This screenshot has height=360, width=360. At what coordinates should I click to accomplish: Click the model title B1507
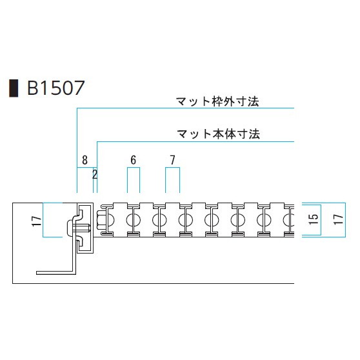(x=55, y=88)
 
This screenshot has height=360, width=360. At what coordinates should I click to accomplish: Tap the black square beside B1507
(x=14, y=88)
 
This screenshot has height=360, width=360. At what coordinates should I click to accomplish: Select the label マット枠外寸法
(x=217, y=101)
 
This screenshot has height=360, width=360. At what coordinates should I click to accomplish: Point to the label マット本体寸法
(x=218, y=134)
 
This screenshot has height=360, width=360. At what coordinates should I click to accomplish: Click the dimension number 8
(x=85, y=160)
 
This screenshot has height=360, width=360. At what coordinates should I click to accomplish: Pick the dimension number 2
(x=95, y=174)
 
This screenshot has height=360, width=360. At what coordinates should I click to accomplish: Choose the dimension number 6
(x=133, y=160)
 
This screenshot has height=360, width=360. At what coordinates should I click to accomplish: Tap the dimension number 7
(x=173, y=160)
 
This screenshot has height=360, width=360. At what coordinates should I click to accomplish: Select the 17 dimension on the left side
(x=37, y=221)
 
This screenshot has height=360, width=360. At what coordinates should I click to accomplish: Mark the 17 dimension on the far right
(x=339, y=219)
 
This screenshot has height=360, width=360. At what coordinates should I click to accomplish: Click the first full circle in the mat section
(x=134, y=220)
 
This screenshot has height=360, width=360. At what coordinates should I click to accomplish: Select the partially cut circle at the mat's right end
(x=289, y=220)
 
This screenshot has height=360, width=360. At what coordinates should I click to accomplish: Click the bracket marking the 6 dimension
(x=134, y=168)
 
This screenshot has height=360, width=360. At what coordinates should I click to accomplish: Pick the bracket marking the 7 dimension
(x=172, y=168)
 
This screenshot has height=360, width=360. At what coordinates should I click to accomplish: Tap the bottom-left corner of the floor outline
(x=13, y=283)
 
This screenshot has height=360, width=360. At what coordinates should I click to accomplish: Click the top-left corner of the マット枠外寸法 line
(x=77, y=108)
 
